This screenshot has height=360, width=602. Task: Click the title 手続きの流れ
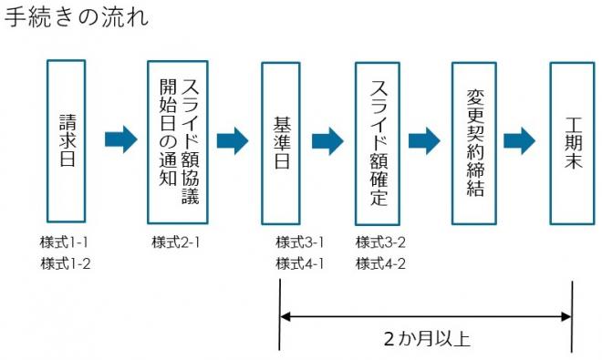tap(77, 19)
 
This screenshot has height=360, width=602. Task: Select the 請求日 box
tap(67, 141)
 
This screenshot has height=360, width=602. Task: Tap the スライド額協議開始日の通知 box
tap(178, 141)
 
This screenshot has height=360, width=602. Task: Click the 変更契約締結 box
tap(474, 141)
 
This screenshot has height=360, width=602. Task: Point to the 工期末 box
tap(573, 141)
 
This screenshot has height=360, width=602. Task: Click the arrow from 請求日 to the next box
tap(121, 139)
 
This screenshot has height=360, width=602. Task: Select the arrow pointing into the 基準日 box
tap(233, 140)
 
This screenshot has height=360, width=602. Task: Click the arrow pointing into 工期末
tap(519, 140)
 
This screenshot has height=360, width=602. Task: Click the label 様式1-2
tap(64, 264)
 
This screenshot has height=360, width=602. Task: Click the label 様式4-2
tap(380, 264)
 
